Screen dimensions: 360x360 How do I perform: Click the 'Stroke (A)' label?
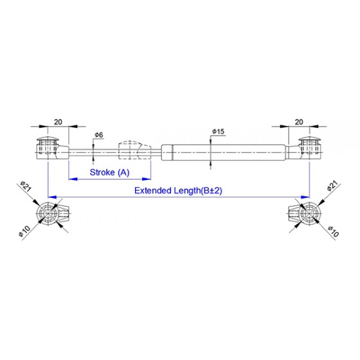[109, 172]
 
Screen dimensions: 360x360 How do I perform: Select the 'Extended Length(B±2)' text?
[179, 190]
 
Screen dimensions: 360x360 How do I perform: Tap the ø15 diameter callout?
[218, 132]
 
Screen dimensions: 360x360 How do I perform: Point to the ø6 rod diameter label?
[99, 135]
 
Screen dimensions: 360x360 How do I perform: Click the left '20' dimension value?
[58, 122]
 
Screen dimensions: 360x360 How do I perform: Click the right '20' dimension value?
[299, 122]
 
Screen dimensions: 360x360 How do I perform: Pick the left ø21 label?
[26, 186]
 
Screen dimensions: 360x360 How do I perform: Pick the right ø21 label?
[333, 186]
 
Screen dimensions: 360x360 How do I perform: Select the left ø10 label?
[24, 231]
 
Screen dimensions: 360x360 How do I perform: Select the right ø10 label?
[334, 231]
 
